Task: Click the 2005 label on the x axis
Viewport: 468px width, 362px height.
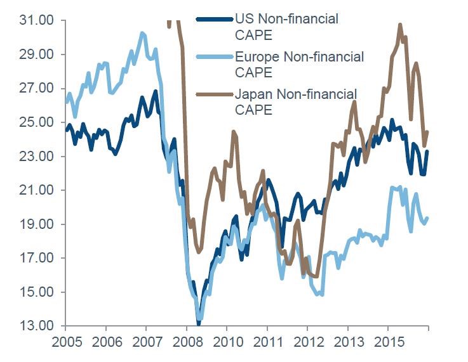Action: (65, 343)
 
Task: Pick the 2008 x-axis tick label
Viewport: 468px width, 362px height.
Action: (187, 343)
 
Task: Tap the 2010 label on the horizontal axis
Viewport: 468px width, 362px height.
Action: (227, 343)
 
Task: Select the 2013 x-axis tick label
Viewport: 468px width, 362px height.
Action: (347, 343)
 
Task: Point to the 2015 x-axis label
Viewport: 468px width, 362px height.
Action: (388, 343)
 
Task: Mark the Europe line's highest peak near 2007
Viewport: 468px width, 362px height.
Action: (142, 32)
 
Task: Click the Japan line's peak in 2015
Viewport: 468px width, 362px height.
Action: (400, 25)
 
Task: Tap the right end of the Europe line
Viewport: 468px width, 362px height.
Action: (427, 218)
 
